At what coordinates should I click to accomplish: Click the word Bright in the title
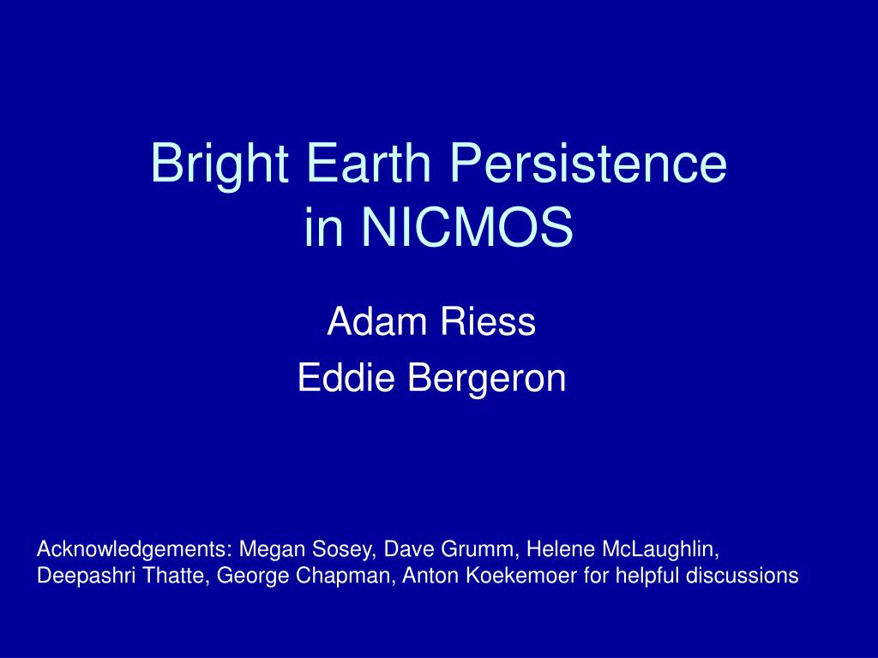coord(219,165)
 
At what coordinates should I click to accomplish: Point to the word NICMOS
coord(467,226)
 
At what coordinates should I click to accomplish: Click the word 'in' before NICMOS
coord(323,226)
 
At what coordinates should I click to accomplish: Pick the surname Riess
coord(488,321)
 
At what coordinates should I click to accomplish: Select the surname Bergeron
coord(487,380)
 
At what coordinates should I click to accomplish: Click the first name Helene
coord(560,549)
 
